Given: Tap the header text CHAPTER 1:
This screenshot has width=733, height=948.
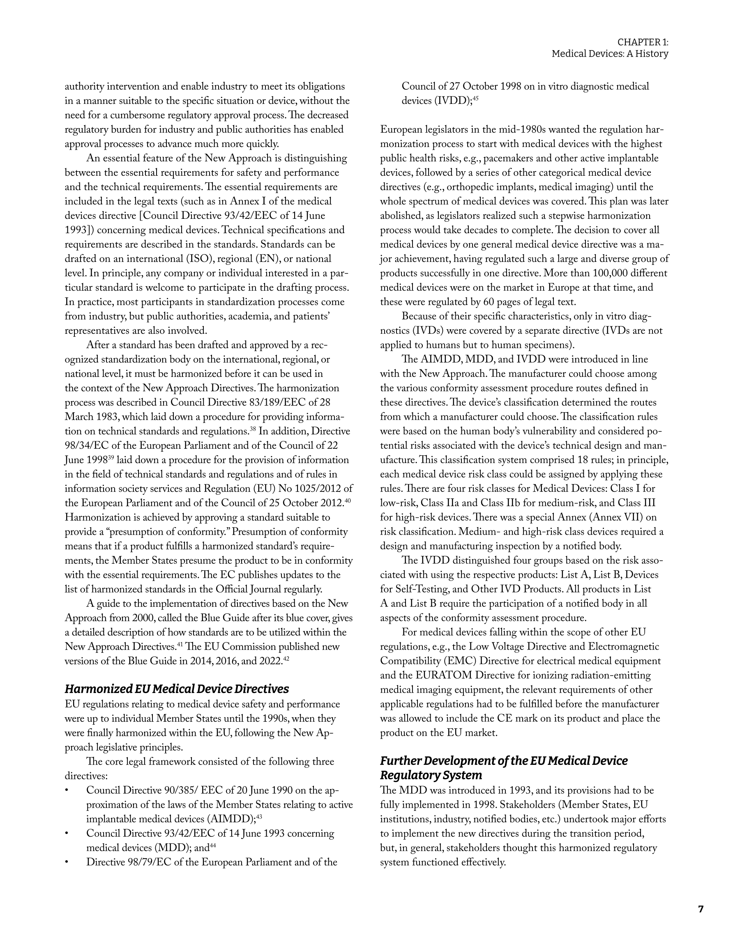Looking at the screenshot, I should pyautogui.click(x=643, y=42).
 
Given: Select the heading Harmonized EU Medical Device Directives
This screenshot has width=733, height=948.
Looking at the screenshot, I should pyautogui.click(x=177, y=689).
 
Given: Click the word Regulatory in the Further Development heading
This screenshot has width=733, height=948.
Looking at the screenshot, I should pyautogui.click(x=409, y=775).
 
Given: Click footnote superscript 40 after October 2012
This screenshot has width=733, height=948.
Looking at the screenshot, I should pyautogui.click(x=348, y=501).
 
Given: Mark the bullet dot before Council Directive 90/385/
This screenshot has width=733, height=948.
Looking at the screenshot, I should pyautogui.click(x=67, y=790).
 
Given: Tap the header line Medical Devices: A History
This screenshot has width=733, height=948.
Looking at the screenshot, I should pyautogui.click(x=610, y=54).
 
